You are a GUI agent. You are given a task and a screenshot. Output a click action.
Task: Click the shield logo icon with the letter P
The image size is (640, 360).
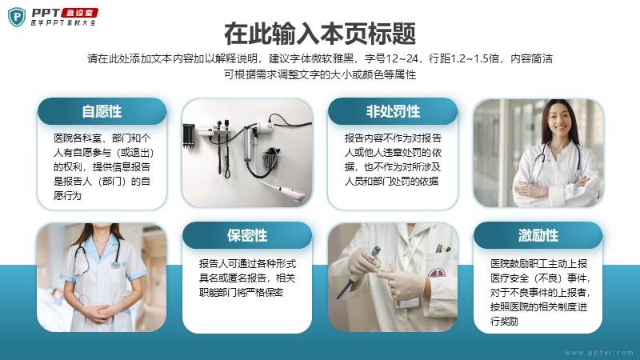[17, 17]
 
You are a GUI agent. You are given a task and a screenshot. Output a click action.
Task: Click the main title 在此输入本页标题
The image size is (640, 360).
[320, 34]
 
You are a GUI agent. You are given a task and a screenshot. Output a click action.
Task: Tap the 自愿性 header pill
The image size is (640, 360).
[102, 111]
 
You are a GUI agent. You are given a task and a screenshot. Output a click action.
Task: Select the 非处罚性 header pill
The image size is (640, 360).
[393, 111]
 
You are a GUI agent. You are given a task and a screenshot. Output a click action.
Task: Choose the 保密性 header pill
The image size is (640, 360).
[247, 235]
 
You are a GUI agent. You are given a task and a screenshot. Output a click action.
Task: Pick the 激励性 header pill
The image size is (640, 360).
[538, 235]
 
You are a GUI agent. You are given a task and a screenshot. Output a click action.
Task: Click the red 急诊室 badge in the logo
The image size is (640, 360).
[79, 13]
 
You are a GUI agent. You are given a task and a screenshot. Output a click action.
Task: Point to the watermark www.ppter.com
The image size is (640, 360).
[598, 353]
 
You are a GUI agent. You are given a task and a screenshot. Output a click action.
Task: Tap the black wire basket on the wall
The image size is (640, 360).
[271, 158]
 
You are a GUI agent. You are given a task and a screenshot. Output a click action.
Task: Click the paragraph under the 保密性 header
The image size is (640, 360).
[247, 278]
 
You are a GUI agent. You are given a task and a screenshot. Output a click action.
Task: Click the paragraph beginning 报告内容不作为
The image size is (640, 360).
[393, 159]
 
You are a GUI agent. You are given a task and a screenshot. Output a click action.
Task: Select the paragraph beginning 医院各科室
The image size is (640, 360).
[103, 166]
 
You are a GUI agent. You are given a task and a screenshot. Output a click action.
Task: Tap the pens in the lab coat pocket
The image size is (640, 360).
[443, 248]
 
